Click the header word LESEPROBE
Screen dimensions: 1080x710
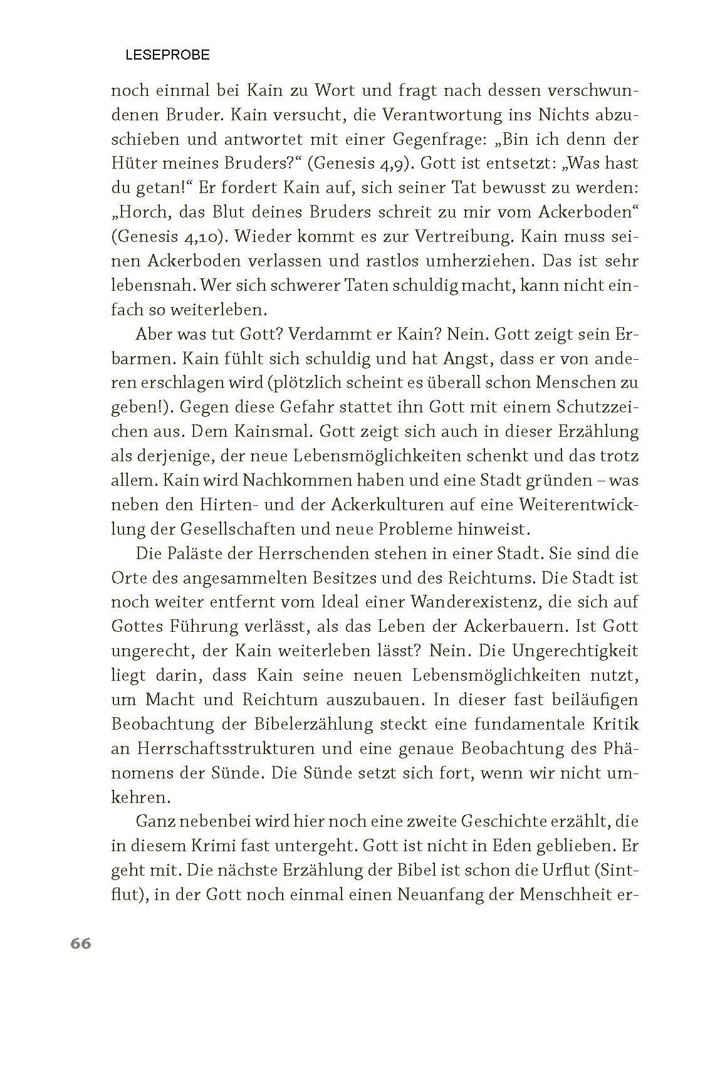(167, 55)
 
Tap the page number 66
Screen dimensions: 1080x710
(81, 943)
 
